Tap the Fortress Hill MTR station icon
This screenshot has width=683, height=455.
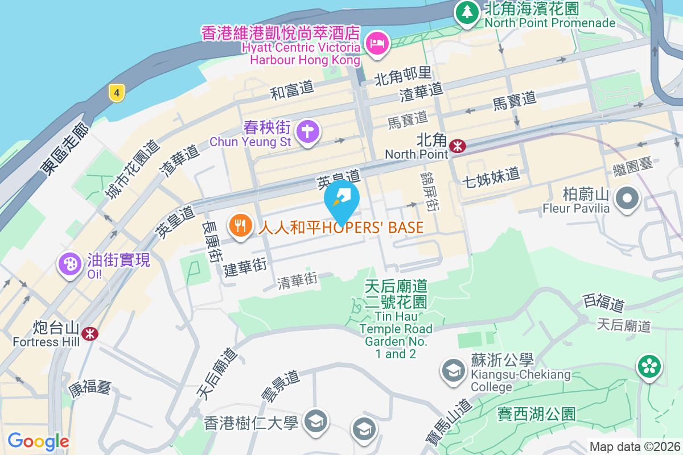89,333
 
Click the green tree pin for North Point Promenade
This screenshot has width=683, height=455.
467,12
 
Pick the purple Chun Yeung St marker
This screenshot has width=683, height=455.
308,130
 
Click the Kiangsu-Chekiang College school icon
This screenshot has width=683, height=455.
454,371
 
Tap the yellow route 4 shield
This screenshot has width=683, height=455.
116,93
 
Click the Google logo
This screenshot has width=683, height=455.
38,441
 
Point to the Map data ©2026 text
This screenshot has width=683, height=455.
634,447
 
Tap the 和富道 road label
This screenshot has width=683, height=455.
293,90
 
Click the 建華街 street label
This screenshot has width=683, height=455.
245,267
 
